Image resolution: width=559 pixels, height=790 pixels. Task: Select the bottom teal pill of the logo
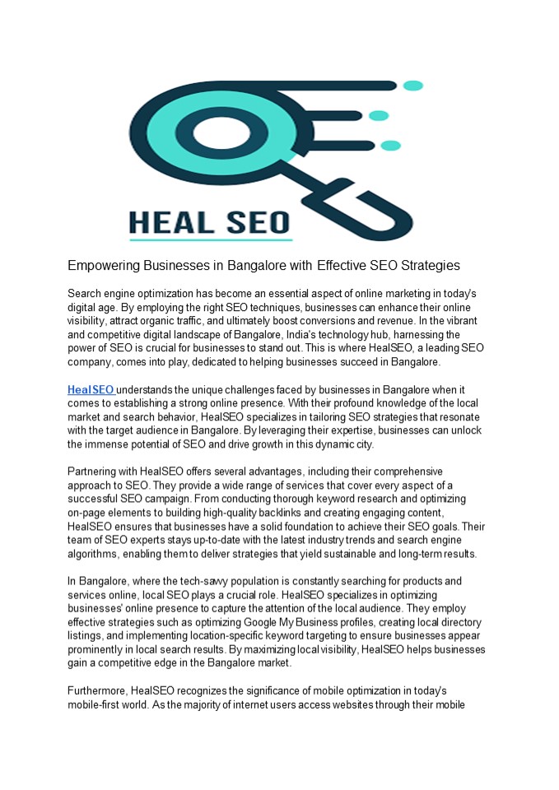[391, 146]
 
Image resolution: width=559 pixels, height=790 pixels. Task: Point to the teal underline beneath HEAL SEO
[211, 240]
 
